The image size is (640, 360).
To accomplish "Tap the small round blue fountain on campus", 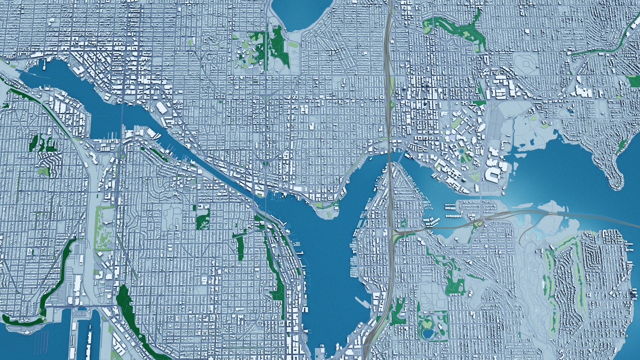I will [462, 150].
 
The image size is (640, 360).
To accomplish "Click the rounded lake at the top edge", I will [302, 13].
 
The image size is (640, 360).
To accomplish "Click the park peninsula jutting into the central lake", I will [328, 212].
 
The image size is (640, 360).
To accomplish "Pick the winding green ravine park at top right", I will [457, 28].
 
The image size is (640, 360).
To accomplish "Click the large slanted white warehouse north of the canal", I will [162, 108].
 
